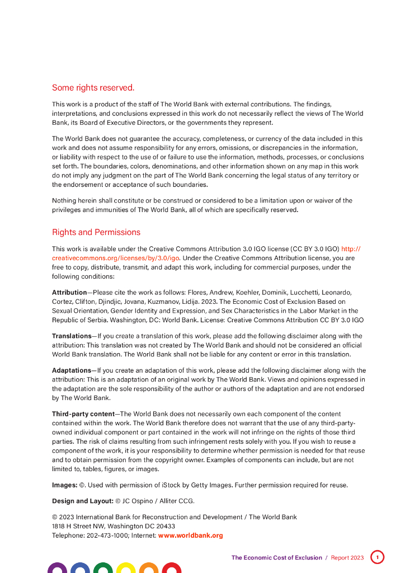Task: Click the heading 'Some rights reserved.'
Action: [93, 88]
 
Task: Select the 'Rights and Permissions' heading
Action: [96, 232]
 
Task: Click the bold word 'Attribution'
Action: [69, 293]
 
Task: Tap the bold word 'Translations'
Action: [71, 336]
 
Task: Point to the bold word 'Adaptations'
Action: [71, 370]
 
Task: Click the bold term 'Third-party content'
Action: [83, 414]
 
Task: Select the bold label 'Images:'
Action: [64, 485]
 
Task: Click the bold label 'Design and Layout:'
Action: [82, 501]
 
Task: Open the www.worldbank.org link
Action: [190, 536]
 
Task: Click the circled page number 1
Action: [378, 557]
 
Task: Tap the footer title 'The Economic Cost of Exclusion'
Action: [277, 558]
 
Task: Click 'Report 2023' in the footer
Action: [347, 558]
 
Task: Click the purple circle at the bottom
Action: [58, 568]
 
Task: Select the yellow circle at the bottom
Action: [126, 568]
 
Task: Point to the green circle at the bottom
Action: [103, 568]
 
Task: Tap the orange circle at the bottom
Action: [149, 568]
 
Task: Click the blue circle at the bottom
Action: [80, 568]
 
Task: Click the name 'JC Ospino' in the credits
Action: [137, 501]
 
